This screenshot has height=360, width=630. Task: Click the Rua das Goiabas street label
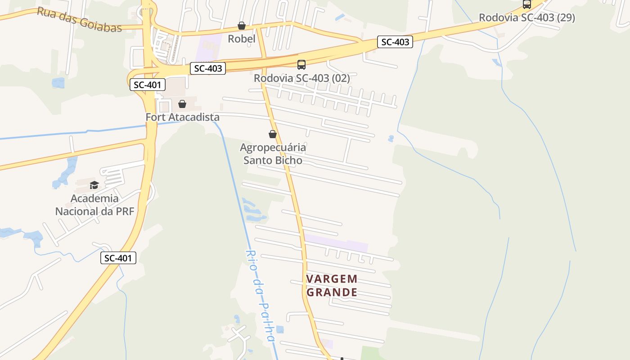pos(79,19)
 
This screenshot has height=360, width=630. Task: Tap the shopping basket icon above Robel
pos(242,26)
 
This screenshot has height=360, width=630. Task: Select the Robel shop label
pos(242,39)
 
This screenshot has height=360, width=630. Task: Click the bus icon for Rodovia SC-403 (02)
pos(301,65)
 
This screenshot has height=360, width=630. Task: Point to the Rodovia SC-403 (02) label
pos(301,78)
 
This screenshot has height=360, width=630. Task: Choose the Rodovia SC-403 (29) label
pos(526,18)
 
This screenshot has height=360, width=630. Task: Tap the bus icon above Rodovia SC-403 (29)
pos(526,4)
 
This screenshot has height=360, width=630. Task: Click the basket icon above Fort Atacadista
pos(182,104)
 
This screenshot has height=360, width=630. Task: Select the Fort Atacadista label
pos(182,117)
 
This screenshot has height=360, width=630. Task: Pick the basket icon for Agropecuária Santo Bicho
pos(272,134)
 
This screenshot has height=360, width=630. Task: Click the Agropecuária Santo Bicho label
pos(273,153)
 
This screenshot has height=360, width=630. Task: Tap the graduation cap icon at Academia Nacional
pos(94,185)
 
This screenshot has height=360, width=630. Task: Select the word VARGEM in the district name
pos(332,279)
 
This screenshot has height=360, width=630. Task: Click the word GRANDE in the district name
pos(332,292)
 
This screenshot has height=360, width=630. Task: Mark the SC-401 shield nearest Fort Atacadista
pos(148,84)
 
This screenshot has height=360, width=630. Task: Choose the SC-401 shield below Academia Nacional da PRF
pos(118,258)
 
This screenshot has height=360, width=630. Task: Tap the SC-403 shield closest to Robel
pos(207,68)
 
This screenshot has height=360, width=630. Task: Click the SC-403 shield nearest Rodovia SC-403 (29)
pos(395,42)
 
